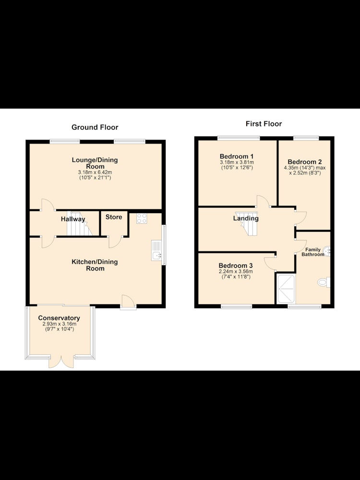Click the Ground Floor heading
coord(95,127)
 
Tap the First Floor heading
coord(264,124)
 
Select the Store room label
coord(114,217)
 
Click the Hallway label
coord(73,219)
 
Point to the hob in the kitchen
coord(142,218)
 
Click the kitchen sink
coord(156,251)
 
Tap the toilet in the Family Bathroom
coord(324,282)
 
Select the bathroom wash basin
coord(327,251)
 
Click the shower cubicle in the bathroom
coord(286,289)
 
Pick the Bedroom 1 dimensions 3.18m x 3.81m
coord(237,162)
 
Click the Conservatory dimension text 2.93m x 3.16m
coord(59,324)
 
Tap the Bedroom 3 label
coord(235,265)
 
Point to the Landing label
coord(246,218)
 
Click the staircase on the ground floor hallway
coord(79,223)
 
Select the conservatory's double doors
coord(61,361)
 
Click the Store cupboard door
coord(115,241)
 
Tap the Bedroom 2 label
coord(305,162)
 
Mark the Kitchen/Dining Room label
coord(95,265)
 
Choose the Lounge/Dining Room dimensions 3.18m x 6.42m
coord(95,172)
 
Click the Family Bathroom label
coord(313,252)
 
